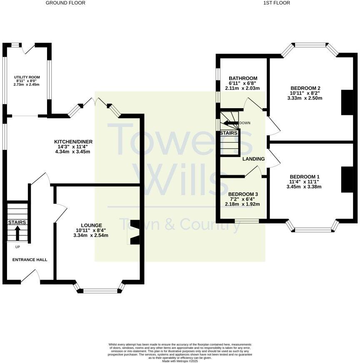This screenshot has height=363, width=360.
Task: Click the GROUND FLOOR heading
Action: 65,3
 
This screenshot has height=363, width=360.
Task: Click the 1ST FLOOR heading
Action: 277,3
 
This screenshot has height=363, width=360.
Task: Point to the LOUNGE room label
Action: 92,226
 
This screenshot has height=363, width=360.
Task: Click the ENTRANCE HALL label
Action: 30,260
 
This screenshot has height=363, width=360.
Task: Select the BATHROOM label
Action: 242,78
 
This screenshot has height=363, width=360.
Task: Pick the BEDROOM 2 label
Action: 305,88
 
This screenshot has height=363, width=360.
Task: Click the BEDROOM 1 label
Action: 305,177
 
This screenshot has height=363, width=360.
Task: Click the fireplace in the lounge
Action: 134,233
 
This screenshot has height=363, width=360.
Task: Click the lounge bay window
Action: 100,290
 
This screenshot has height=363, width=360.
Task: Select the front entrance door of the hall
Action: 30,278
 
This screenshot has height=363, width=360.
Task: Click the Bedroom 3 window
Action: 247,220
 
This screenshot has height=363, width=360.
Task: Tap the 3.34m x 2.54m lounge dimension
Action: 92,235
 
